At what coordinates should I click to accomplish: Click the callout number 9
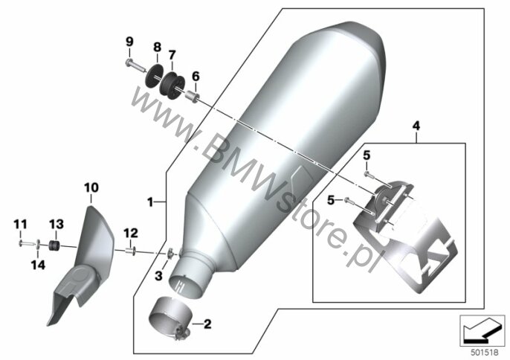[129, 42]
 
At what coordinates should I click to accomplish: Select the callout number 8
[157, 47]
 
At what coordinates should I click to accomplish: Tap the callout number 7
[172, 54]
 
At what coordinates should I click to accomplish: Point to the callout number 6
[196, 77]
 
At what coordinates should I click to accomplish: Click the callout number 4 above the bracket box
[416, 126]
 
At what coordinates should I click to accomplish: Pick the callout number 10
[91, 187]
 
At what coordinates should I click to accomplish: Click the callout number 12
[130, 233]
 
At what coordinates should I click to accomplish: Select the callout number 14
[38, 265]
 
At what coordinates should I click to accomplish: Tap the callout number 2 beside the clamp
[207, 324]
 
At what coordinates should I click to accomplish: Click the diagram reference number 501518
[485, 353]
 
